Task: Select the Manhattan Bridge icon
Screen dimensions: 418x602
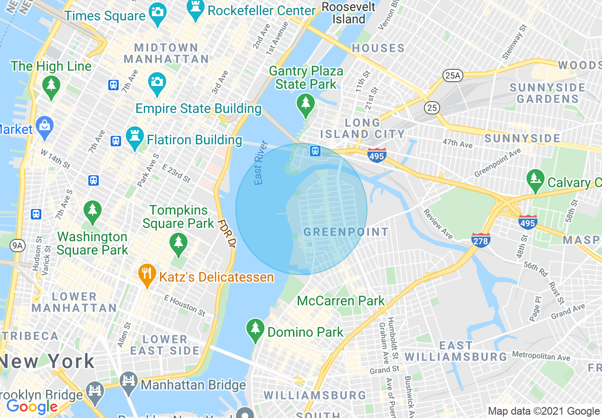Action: point(129,383)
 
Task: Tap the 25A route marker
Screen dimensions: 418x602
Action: point(452,75)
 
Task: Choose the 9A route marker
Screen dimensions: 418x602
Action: point(18,245)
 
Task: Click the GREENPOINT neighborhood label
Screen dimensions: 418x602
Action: point(346,232)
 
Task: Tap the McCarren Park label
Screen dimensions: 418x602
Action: point(341,301)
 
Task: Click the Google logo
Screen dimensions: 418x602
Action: point(32,407)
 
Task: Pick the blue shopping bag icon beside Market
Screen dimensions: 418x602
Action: point(45,128)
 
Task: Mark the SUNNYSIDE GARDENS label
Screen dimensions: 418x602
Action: point(547,93)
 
